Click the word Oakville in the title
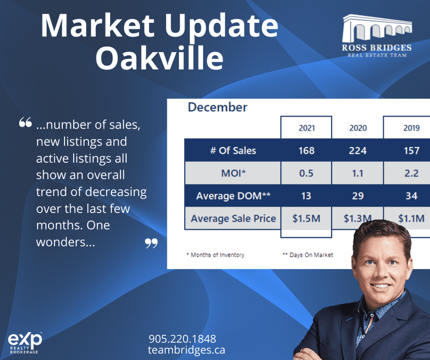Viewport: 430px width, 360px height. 159,58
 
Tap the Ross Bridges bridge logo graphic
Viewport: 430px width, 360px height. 377,28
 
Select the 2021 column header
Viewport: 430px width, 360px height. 307,128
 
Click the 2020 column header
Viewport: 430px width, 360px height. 358,128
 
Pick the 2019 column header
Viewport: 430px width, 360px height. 411,128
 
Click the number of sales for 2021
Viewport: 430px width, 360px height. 307,150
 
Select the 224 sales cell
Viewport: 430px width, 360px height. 358,150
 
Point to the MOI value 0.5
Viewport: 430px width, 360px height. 306,173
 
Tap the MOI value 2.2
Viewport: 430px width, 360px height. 411,173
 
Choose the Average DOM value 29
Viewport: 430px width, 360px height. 358,196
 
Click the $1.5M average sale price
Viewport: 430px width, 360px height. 306,219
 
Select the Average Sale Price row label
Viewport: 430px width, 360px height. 233,219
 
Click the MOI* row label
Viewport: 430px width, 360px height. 233,173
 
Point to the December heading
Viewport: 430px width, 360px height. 217,107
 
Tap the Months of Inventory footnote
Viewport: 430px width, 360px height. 215,255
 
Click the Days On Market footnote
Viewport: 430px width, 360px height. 308,255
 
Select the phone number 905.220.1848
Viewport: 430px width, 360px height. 183,339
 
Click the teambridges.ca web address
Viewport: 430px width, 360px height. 187,350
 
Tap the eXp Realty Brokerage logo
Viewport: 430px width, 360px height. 25,343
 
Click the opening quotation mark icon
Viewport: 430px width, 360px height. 25,122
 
